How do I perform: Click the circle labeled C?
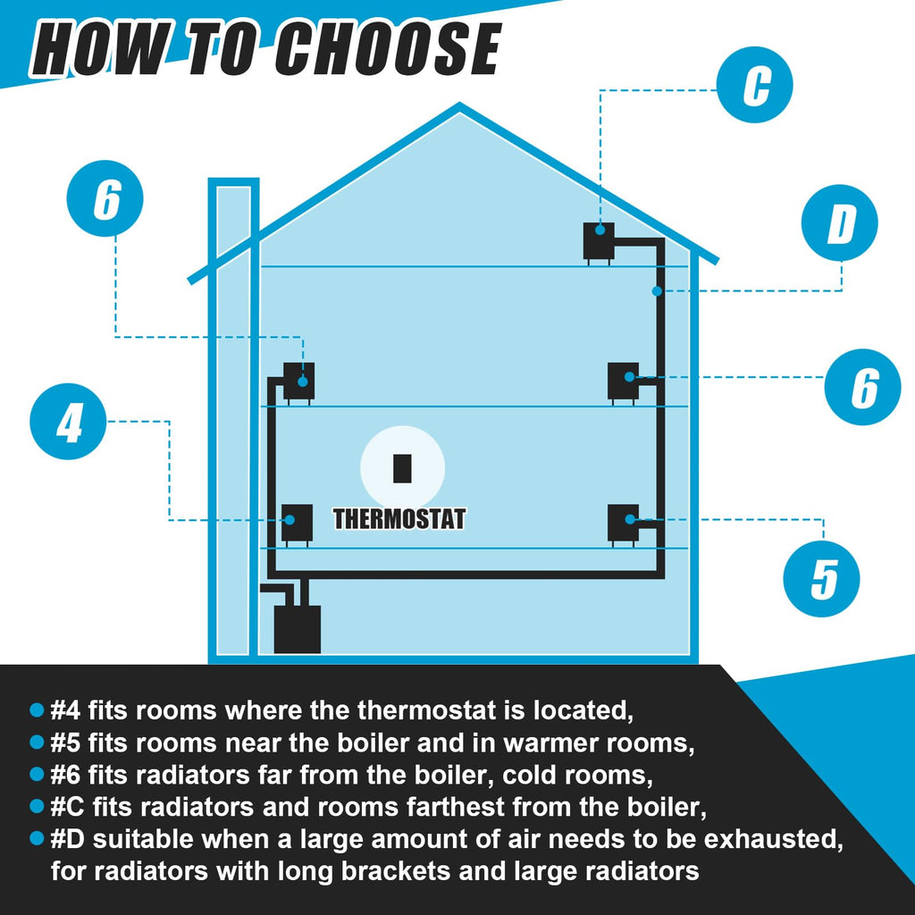pos(754,85)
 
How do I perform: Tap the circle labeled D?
pos(839,222)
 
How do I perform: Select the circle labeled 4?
pos(68,422)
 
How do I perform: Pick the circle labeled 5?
pos(821,578)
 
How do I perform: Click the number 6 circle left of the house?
pos(105,198)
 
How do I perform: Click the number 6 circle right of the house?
pos(862,387)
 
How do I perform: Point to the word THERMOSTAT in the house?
pos(399,519)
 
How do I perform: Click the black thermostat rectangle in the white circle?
pos(402,468)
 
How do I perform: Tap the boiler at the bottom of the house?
pos(297,628)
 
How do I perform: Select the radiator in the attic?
pos(599,242)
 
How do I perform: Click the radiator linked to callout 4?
pos(297,525)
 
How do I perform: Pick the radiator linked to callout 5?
pos(623,525)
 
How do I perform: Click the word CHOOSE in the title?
pos(388,50)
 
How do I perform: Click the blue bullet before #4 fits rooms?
pos(37,710)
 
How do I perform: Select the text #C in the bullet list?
pos(67,807)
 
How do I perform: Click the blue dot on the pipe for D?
pos(657,290)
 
